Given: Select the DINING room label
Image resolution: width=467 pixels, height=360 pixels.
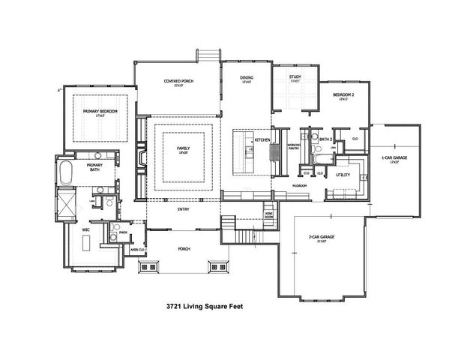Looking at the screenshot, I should point(247,79).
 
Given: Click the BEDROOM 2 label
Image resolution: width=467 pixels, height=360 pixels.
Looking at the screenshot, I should point(343,96).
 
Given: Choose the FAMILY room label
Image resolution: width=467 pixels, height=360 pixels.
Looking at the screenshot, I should point(184,149).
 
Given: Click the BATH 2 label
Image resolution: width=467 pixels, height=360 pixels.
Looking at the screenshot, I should point(325,139).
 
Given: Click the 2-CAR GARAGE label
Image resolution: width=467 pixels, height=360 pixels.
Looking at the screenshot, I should point(322,236).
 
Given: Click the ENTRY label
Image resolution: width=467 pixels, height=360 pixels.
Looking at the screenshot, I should point(183,209).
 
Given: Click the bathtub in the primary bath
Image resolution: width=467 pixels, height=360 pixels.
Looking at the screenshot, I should point(67,172).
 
